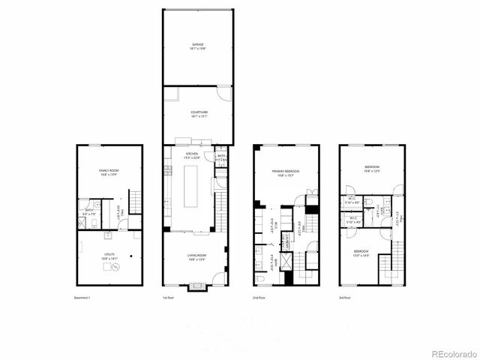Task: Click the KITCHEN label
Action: [193, 155]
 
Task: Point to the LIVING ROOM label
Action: [196, 257]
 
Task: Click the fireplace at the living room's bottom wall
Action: [197, 285]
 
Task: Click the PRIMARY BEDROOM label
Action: [286, 173]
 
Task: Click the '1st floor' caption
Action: [169, 298]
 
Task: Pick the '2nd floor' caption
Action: [259, 298]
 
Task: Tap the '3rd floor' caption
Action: [345, 298]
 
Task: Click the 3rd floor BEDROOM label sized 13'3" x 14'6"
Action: [361, 253]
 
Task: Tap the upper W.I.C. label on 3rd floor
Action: [352, 201]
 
